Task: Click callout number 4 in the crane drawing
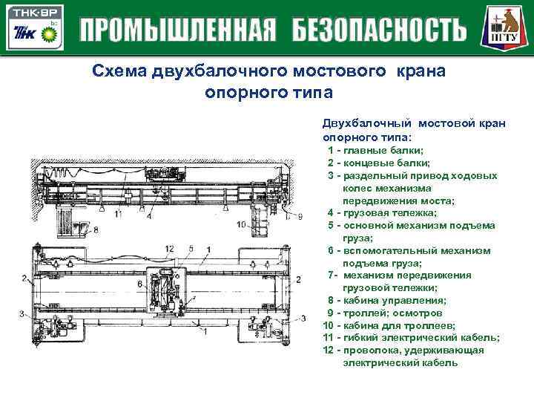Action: point(150,217)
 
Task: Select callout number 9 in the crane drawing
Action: point(299,216)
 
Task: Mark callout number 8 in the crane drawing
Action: point(96,231)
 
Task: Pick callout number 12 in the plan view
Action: point(169,248)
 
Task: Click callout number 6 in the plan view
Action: point(139,283)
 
